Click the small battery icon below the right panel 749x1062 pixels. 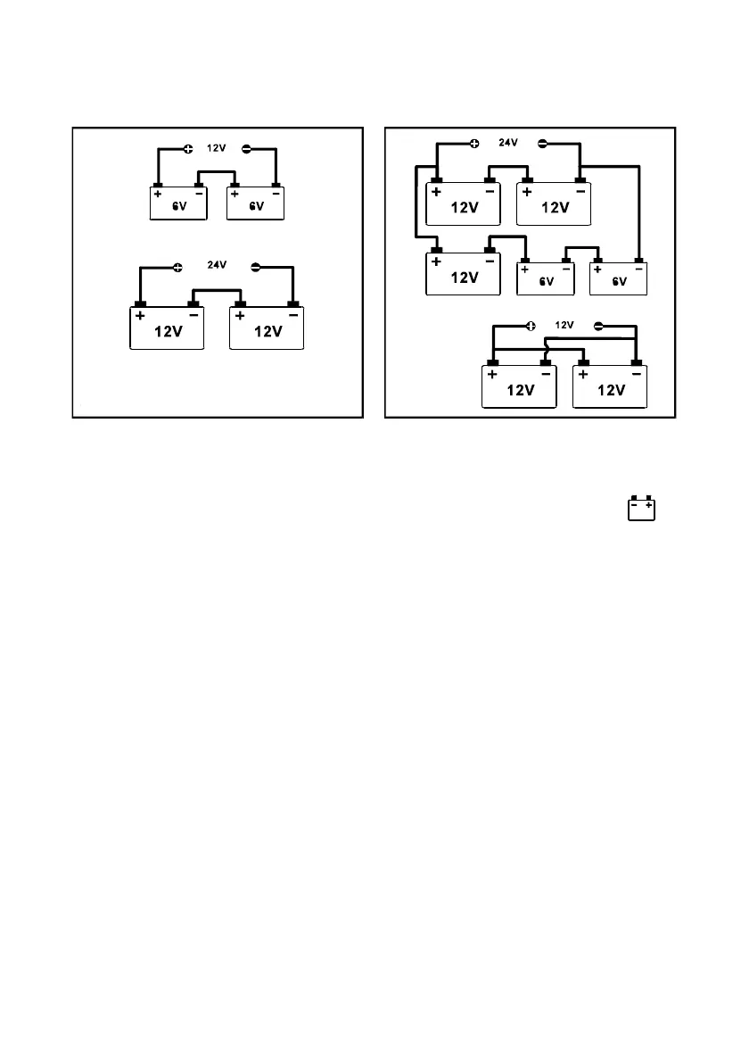[642, 508]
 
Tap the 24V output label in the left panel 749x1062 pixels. [218, 264]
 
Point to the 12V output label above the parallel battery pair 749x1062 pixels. [564, 325]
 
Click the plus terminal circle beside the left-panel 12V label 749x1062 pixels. [188, 149]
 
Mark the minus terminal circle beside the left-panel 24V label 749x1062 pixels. [257, 266]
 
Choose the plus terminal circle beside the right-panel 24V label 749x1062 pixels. [474, 142]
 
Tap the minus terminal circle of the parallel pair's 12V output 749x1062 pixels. [598, 326]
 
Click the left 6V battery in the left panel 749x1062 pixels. [178, 204]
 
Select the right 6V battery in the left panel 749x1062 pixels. [256, 204]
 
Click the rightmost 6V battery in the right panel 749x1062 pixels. [619, 278]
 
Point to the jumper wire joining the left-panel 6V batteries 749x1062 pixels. [217, 173]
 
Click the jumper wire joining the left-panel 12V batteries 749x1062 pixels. [218, 289]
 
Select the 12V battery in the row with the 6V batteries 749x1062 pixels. [464, 275]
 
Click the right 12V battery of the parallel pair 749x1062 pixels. [609, 387]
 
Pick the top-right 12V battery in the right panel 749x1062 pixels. [554, 205]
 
